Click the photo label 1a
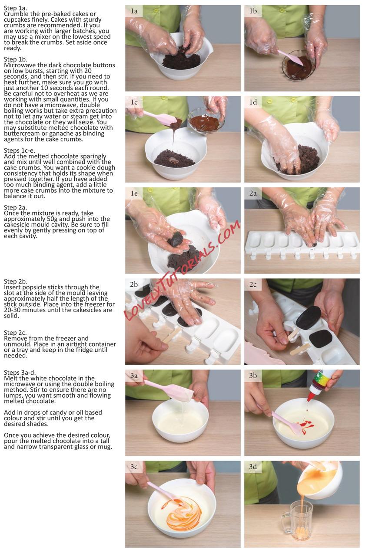pos(134,11)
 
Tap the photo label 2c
pos(253,285)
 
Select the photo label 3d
pos(253,467)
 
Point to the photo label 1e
pos(134,193)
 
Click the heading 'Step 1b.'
pos(16,59)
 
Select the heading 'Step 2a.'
pos(16,207)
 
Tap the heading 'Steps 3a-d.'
pos(20,373)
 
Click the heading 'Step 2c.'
pos(15,333)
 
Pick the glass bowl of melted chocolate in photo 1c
pos(204,122)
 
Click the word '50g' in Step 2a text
pos(53,219)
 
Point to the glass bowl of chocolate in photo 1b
pos(299,65)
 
